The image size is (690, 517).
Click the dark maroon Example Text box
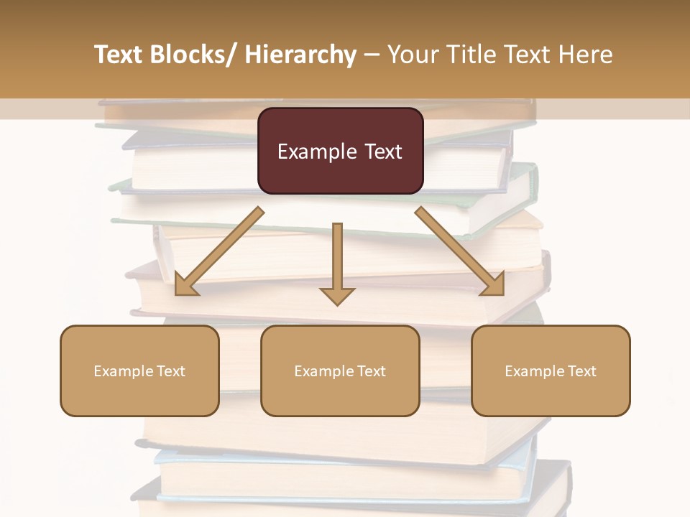coord(340,151)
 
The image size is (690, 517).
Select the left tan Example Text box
coord(139,371)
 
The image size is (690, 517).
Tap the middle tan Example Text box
coord(340,371)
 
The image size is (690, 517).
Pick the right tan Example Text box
coord(551,371)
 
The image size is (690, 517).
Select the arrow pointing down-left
coord(219,251)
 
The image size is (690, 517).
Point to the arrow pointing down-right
coord(460,251)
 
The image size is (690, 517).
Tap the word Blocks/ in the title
coord(194,55)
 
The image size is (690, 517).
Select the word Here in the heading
coord(585,55)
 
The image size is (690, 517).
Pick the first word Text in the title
coord(119,55)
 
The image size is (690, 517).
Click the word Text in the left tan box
coord(171,371)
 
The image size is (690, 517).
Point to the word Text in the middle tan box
coord(372,371)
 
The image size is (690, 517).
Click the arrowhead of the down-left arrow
coord(185,285)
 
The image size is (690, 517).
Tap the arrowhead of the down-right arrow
coord(493,285)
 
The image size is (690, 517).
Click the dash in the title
coord(372,55)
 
